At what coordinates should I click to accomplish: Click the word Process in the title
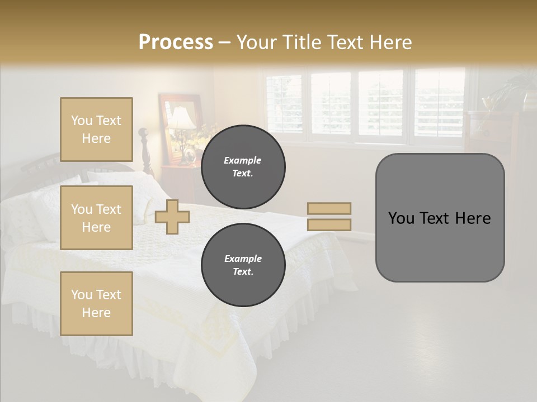pyautogui.click(x=176, y=42)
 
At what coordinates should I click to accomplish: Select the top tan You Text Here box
pyautogui.click(x=96, y=130)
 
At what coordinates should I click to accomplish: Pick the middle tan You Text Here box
pyautogui.click(x=96, y=218)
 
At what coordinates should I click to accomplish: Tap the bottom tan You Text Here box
pyautogui.click(x=96, y=303)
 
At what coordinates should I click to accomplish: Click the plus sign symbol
pyautogui.click(x=172, y=217)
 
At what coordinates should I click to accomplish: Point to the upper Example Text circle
pyautogui.click(x=243, y=167)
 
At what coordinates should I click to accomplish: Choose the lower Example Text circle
pyautogui.click(x=243, y=265)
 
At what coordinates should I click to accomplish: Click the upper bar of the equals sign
pyautogui.click(x=329, y=208)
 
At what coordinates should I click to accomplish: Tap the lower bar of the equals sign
pyautogui.click(x=329, y=224)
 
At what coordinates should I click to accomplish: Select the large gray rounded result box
pyautogui.click(x=440, y=246)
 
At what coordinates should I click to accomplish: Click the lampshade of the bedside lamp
pyautogui.click(x=181, y=119)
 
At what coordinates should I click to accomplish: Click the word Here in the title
pyautogui.click(x=390, y=42)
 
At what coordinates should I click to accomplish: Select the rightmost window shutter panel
pyautogui.click(x=439, y=103)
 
